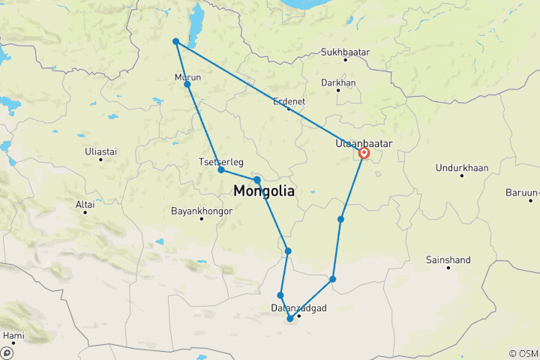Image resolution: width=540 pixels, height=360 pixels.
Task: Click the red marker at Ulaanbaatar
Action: pos(364,153)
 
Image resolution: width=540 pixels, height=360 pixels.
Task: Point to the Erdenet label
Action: pos(289,100)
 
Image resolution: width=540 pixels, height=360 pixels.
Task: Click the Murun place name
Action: pos(187,76)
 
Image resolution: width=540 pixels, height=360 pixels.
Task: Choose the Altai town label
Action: pos(85,204)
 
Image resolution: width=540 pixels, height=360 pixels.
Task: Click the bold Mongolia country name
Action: pos(264,192)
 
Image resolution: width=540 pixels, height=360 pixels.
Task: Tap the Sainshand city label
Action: pos(448,260)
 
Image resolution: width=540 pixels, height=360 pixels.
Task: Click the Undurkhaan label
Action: pos(461,165)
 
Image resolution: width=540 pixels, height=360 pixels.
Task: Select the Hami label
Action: pos(13,334)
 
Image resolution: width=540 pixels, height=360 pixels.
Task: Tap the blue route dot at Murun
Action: pos(187,85)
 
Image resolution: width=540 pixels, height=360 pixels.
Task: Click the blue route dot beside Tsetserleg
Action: pos(221,169)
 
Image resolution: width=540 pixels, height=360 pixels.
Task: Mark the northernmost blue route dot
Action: pos(175,42)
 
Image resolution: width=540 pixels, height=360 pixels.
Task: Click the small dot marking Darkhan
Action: pos(338,91)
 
